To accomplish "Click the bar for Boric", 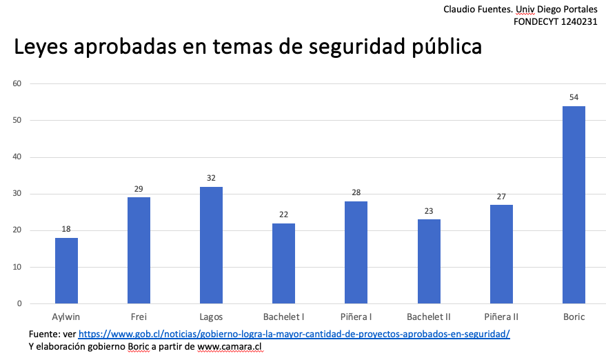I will pos(574,205).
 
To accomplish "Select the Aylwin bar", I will pos(66,270).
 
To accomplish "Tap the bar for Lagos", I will pos(211,245).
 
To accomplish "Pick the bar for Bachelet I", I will pos(283,263).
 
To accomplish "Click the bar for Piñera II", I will pos(501,254).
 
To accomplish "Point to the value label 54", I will pos(574,97).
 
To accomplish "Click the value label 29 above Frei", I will pos(139,189).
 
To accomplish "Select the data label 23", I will pos(429,211).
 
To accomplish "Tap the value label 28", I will pos(356,192).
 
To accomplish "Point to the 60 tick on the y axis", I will pos(17,84).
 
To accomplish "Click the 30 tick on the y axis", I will pos(17,194).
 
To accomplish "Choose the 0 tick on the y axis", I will pos(19,303).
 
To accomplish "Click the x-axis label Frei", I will pos(139,317).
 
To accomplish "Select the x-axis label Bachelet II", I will pos(429,317).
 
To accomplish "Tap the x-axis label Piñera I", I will pos(356,317).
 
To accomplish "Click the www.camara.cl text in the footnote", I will pos(230,347).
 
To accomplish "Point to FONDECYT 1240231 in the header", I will pos(556,21).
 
